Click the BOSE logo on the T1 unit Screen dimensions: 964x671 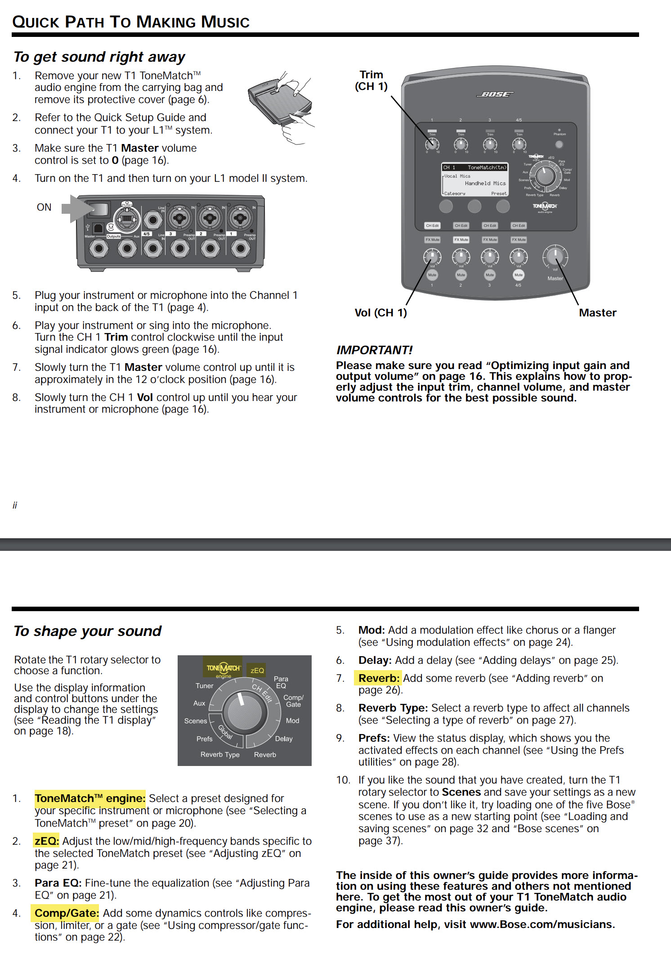click(495, 94)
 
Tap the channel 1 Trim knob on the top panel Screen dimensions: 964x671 click(432, 144)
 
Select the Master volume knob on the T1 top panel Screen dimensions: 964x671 click(555, 257)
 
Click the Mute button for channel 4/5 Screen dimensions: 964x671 click(519, 275)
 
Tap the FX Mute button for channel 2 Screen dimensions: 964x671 click(461, 240)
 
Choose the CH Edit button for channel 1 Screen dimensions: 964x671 click(432, 225)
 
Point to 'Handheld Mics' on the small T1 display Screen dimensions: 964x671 click(485, 184)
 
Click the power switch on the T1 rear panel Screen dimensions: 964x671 click(99, 209)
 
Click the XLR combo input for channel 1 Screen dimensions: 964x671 click(240, 219)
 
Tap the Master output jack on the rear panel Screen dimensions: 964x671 click(99, 248)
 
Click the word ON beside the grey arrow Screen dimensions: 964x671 click(44, 207)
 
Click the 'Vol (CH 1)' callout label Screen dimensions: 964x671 click(380, 313)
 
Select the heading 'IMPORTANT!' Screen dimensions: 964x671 click(374, 350)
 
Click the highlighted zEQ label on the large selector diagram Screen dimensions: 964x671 click(257, 671)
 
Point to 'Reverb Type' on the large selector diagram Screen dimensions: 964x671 click(220, 755)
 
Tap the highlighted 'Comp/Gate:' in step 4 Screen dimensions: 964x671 click(67, 913)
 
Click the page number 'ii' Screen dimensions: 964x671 click(15, 505)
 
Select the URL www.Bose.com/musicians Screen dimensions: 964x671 click(541, 924)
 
